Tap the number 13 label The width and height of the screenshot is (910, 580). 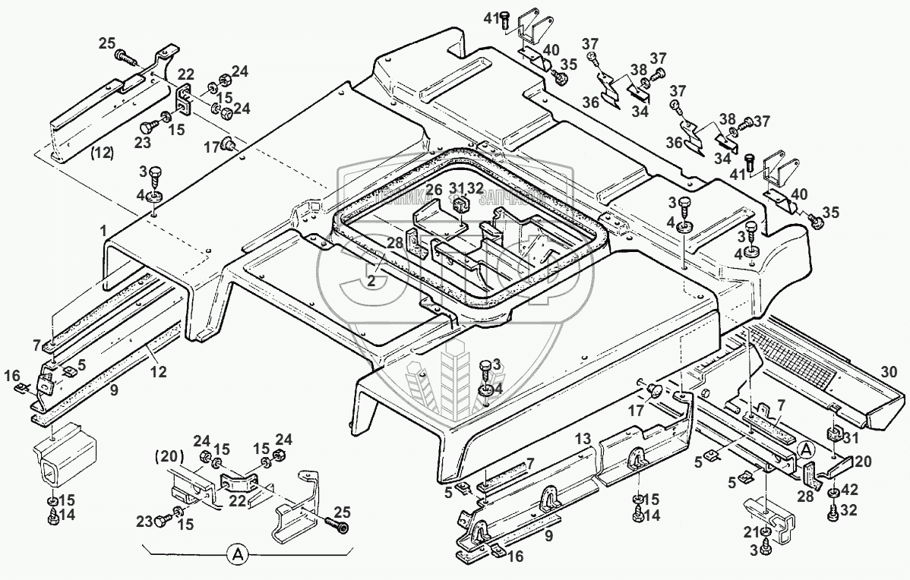(582, 440)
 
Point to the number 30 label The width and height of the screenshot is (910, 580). (889, 371)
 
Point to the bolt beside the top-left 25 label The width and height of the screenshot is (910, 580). (125, 55)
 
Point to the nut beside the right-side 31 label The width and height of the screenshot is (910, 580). (833, 435)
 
